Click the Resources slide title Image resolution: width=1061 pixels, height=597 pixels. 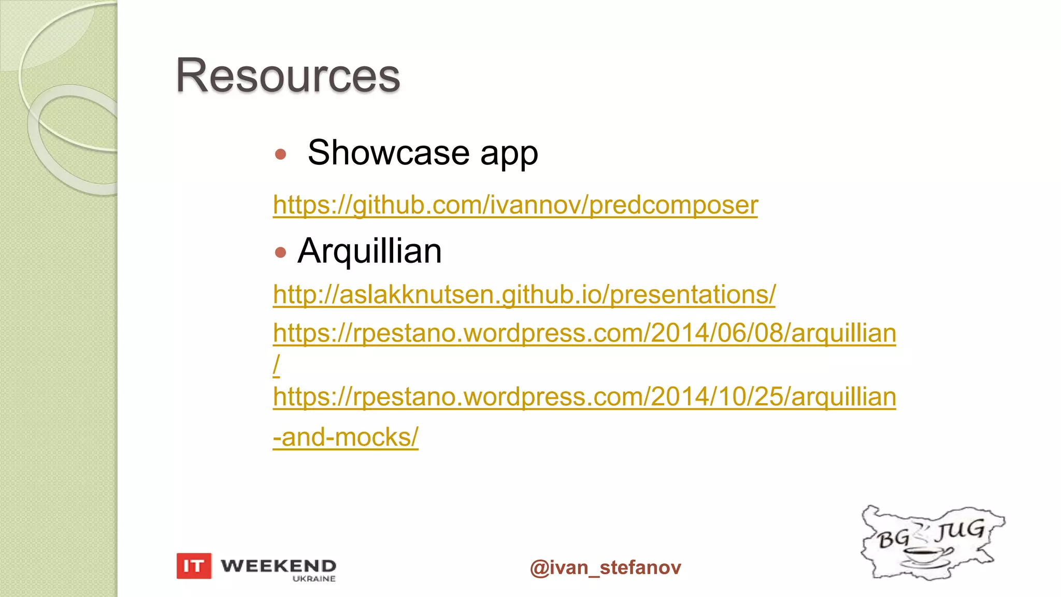288,76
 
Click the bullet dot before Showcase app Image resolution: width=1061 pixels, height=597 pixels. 281,154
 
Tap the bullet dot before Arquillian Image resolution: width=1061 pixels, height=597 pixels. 281,252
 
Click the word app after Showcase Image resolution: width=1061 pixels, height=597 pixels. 509,154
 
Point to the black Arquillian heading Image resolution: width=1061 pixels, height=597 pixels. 369,251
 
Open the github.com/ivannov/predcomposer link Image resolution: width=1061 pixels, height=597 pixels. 515,205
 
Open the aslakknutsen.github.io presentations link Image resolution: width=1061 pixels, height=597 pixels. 524,294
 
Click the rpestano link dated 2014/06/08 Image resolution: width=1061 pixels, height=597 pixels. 584,333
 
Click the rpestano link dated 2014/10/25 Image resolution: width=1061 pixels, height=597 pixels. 584,397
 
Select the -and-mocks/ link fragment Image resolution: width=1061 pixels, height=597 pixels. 346,437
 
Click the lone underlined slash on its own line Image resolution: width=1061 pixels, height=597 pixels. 277,365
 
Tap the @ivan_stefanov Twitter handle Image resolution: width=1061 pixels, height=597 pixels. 605,567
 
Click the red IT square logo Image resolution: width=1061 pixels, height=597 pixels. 194,565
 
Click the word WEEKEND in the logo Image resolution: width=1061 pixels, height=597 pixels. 278,565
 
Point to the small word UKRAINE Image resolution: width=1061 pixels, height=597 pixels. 314,579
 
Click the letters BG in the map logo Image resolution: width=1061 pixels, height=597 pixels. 893,539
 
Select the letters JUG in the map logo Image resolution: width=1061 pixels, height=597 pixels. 961,530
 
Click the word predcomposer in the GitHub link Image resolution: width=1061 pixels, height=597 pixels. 673,205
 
